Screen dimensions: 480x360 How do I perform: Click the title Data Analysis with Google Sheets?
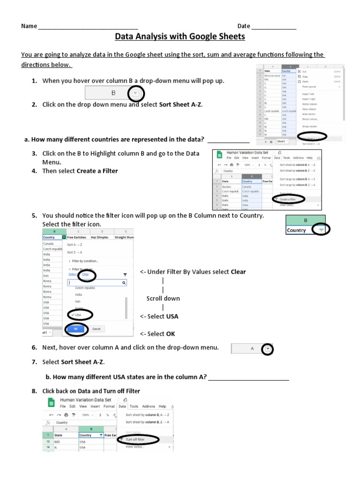(x=180, y=37)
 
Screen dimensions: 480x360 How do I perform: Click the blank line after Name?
(x=88, y=27)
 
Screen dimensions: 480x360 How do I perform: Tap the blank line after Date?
(x=274, y=27)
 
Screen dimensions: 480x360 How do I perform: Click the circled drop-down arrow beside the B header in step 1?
(x=136, y=93)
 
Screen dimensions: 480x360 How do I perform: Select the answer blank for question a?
(x=228, y=140)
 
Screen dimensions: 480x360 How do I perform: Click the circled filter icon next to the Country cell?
(x=321, y=230)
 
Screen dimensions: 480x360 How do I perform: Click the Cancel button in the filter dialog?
(x=96, y=329)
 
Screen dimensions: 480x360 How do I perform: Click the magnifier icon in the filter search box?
(x=124, y=283)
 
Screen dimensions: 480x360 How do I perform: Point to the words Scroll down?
(x=163, y=298)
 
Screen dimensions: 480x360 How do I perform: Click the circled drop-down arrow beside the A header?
(x=267, y=349)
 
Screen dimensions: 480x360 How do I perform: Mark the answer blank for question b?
(x=249, y=377)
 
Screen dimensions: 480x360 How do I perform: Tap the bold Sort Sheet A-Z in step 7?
(x=83, y=362)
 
